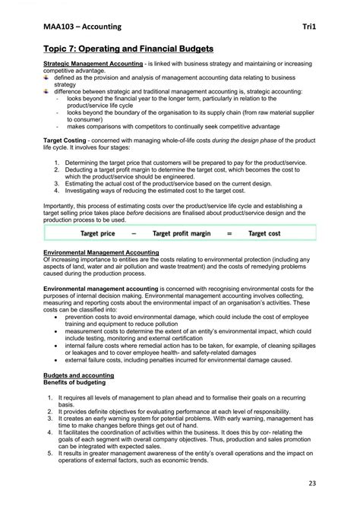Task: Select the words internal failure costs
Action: pos(93,343)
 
